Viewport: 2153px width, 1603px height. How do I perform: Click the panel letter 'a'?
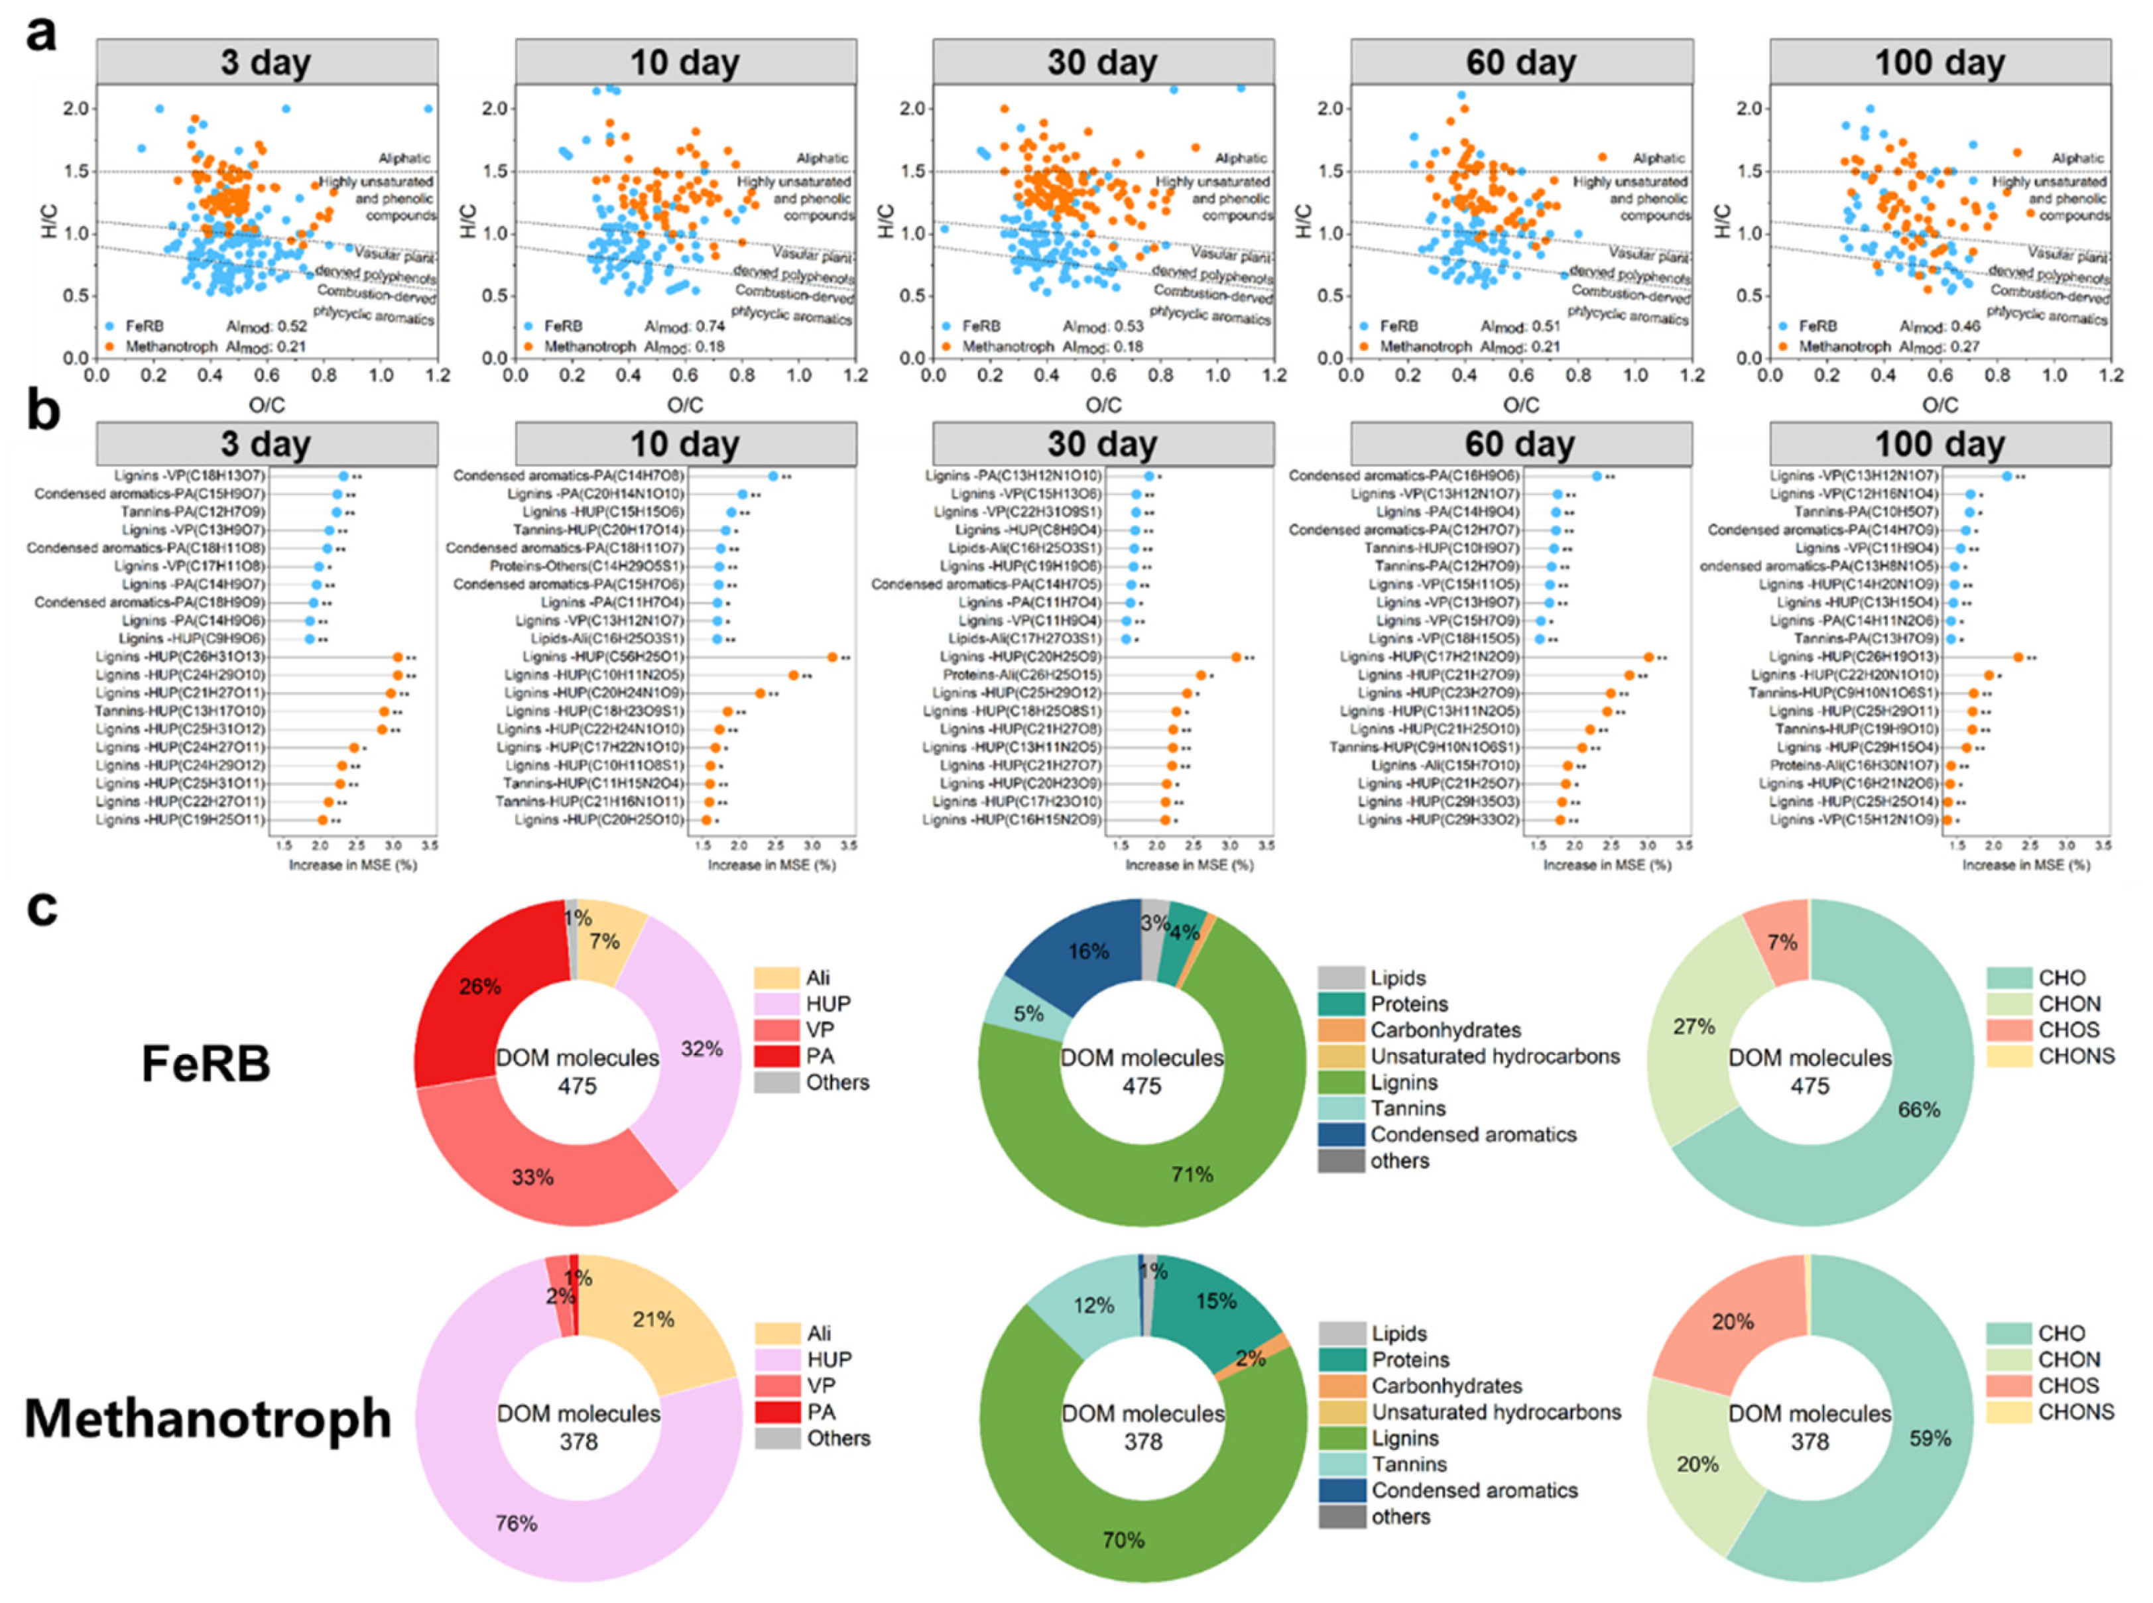pos(40,36)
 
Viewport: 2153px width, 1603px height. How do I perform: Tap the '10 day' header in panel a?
pos(684,63)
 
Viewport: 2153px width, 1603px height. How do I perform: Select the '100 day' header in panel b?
pos(1939,444)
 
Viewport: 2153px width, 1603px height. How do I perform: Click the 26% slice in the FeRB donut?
pos(479,987)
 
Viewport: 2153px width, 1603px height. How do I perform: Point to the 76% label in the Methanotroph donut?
pos(515,1523)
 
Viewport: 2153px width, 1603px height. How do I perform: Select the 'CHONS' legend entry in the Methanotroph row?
pos(2075,1412)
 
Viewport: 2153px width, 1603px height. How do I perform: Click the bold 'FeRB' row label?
pos(206,1063)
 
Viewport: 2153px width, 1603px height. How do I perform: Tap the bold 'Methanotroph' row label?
pos(208,1419)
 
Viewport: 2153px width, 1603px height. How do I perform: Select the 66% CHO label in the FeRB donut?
pos(1918,1109)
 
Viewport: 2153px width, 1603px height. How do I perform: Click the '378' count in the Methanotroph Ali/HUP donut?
pos(578,1442)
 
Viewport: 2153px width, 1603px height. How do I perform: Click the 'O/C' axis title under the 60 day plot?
pos(1520,404)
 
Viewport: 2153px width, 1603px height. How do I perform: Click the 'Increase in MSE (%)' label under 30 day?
pos(1189,864)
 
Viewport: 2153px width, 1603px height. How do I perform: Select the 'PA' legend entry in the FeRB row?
pos(819,1055)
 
